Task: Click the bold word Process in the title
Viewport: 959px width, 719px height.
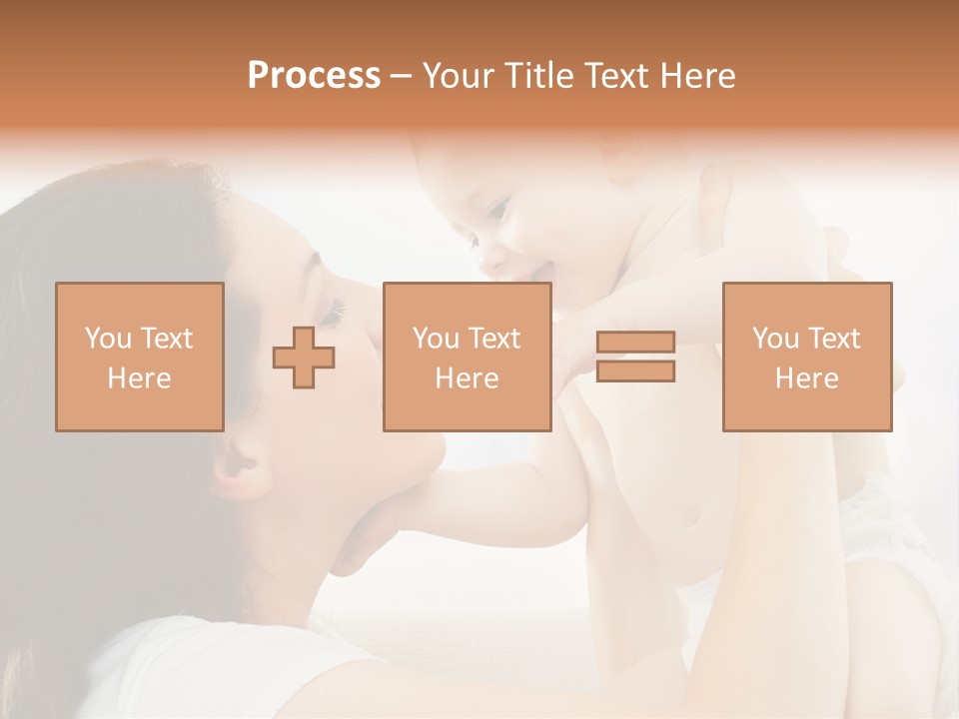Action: pyautogui.click(x=314, y=76)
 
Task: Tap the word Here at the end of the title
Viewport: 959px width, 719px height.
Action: pyautogui.click(x=695, y=76)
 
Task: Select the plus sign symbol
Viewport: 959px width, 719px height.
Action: pyautogui.click(x=304, y=357)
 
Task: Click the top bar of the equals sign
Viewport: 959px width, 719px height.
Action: pyautogui.click(x=635, y=343)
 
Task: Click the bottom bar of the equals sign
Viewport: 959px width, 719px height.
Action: pyautogui.click(x=635, y=370)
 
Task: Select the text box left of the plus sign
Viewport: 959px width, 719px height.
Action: pyautogui.click(x=139, y=357)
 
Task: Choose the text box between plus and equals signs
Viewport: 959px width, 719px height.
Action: pyautogui.click(x=467, y=357)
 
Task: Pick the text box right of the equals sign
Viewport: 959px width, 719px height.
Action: pyautogui.click(x=806, y=357)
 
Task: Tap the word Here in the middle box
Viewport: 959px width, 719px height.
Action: pyautogui.click(x=467, y=378)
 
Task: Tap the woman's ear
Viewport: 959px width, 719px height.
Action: pyautogui.click(x=237, y=461)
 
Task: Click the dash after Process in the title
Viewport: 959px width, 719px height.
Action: pyautogui.click(x=402, y=76)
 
